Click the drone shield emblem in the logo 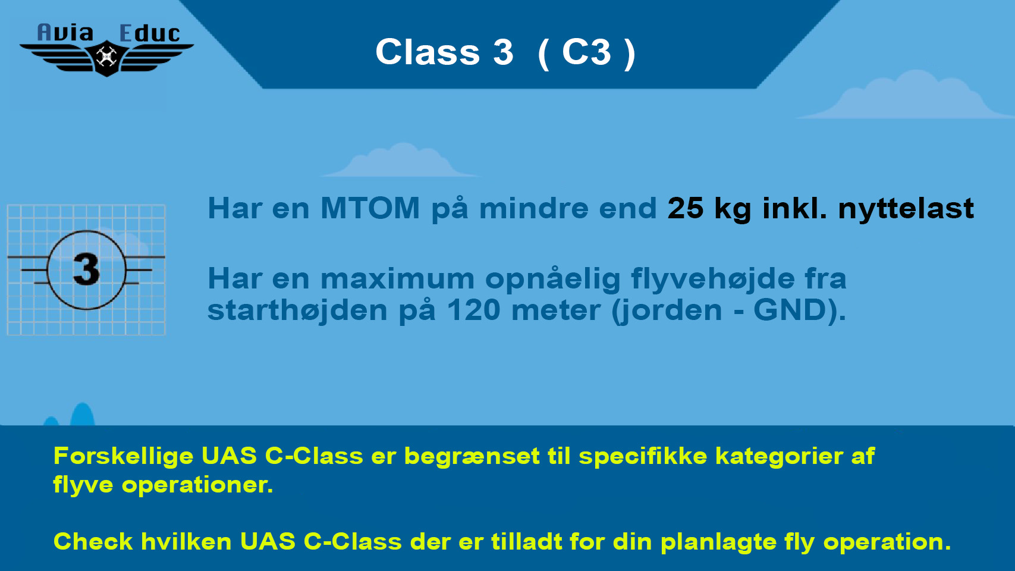(x=106, y=58)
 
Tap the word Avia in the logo (x=65, y=33)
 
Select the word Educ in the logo (x=149, y=33)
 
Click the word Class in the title (x=428, y=52)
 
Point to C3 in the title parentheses (x=586, y=52)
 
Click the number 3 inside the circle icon (x=86, y=269)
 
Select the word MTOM (x=370, y=208)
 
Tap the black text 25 (x=686, y=208)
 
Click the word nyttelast (x=906, y=209)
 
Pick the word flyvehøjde (x=713, y=279)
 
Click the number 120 (x=473, y=310)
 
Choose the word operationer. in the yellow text (x=197, y=485)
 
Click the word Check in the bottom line (x=93, y=541)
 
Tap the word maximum (x=397, y=279)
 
